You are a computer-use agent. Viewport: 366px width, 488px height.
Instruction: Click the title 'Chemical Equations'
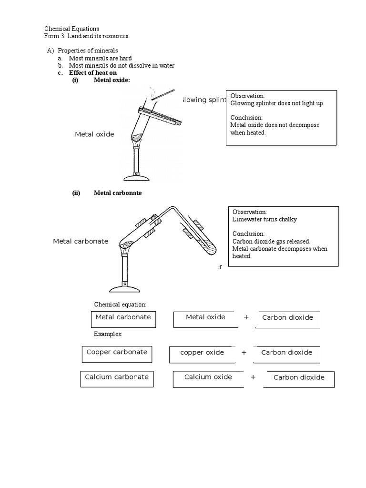coord(72,29)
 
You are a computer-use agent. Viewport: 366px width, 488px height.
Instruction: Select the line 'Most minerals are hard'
coord(100,58)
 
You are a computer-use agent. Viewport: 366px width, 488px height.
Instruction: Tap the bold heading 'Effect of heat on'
coord(93,72)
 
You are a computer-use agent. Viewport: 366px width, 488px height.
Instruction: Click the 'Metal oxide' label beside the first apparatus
coord(94,134)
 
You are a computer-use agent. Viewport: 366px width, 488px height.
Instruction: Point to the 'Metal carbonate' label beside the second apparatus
coord(81,241)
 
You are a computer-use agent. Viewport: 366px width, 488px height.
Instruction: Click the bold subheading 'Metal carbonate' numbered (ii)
coord(118,193)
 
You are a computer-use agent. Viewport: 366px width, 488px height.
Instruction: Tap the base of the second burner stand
coord(124,288)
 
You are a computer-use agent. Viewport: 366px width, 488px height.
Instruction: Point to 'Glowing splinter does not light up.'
coord(277,103)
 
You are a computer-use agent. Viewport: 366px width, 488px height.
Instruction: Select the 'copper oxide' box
coord(202,355)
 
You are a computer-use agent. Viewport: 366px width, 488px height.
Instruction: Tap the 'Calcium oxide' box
coord(208,379)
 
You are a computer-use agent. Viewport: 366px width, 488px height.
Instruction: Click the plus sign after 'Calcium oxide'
coord(253,377)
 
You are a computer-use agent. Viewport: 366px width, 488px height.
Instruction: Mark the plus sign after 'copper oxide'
coord(244,353)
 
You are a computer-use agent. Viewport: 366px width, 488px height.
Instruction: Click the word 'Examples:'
coord(108,334)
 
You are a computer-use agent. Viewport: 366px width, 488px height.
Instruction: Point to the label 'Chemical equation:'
coord(120,305)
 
